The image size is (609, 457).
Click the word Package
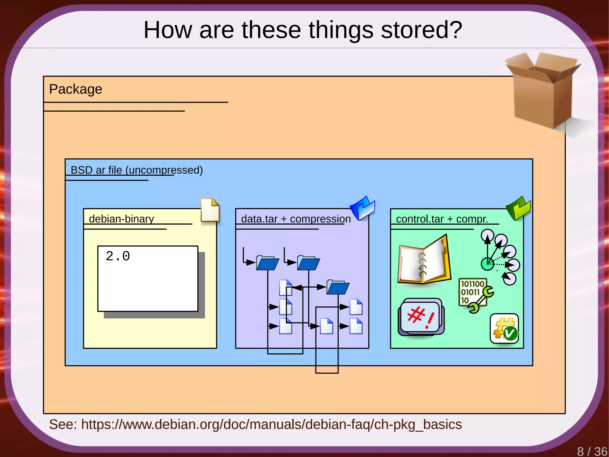point(76,89)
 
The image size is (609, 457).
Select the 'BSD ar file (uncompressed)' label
point(136,170)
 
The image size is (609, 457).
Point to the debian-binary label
point(121,219)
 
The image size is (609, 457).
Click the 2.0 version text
point(118,256)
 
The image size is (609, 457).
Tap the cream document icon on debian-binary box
point(210,210)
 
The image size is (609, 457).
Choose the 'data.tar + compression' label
point(296,219)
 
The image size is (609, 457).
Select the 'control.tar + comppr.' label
point(442,219)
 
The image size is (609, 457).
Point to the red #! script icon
point(421,317)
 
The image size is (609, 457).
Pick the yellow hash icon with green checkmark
point(504,328)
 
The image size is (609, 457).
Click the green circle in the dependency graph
point(487,264)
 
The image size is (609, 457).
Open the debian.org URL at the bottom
point(271,424)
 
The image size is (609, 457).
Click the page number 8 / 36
point(592,451)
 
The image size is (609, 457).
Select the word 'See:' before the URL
point(63,424)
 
